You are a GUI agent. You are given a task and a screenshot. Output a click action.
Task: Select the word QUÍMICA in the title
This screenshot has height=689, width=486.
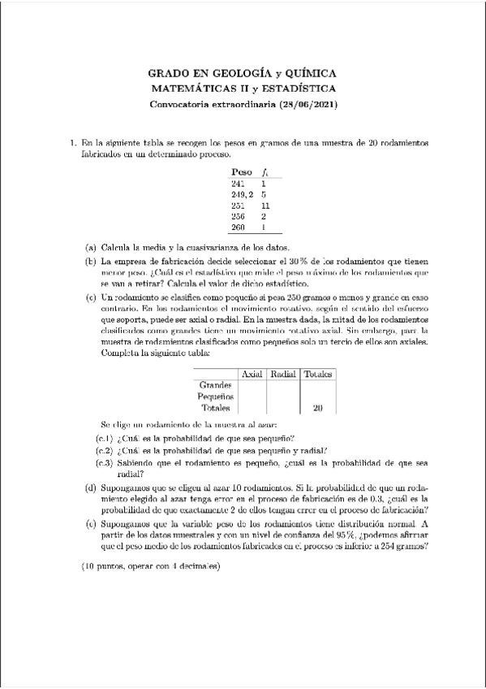306,73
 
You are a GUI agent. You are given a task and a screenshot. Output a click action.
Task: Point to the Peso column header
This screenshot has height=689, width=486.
241,172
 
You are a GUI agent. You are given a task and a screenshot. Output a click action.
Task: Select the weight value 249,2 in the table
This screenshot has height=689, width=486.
242,195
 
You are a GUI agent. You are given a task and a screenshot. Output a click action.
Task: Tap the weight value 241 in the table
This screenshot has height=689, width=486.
238,184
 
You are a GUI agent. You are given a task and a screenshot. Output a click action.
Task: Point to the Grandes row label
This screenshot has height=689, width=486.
215,384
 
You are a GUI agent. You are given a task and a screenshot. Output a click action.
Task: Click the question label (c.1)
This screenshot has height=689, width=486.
105,439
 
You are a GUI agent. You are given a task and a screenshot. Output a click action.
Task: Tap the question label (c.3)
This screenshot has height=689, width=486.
105,463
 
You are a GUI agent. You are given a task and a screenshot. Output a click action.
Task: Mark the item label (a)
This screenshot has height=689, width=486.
91,248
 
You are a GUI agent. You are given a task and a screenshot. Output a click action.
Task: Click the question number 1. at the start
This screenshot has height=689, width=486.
73,142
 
